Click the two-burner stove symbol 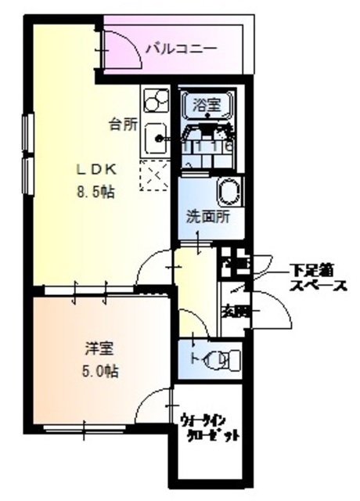[155, 101]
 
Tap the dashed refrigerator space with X [153, 176]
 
